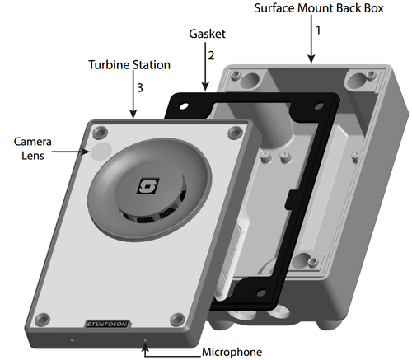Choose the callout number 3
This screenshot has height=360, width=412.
[140, 86]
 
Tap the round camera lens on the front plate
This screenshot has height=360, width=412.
[100, 151]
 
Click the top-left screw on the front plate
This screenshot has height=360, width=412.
[100, 131]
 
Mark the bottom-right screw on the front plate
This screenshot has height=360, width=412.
[176, 319]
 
